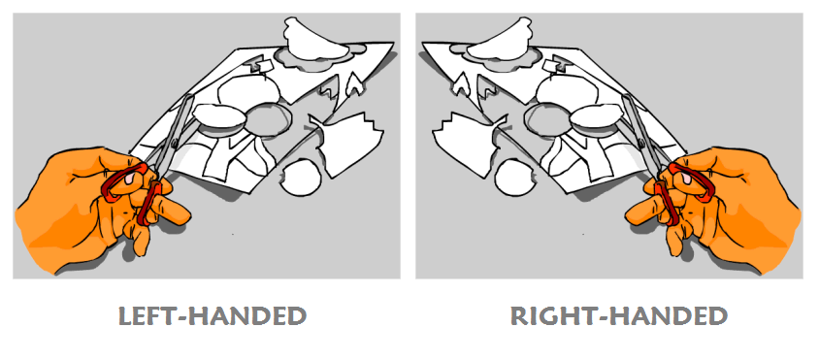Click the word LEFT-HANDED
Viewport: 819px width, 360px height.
point(212,316)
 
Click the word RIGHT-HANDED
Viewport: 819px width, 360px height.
point(618,316)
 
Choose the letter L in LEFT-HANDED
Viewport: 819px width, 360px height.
point(125,316)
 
